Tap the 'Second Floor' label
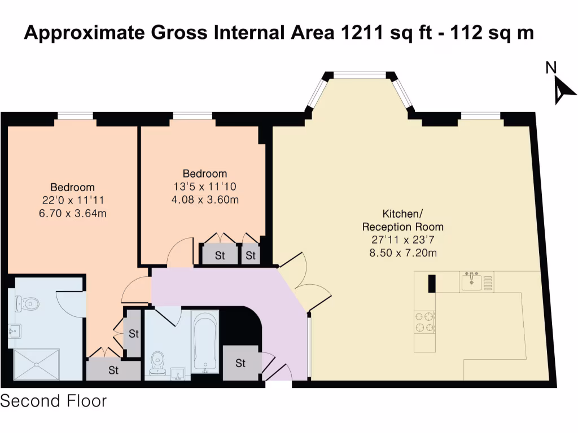54,401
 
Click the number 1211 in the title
362,32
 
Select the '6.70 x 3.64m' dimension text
73,213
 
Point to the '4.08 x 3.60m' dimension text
205,200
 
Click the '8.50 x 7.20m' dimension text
403,253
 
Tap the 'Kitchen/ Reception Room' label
403,220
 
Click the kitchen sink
472,282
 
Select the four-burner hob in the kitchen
424,322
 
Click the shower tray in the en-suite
37,365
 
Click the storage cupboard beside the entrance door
240,363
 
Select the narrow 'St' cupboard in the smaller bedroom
251,254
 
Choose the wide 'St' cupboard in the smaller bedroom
220,254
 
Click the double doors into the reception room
304,281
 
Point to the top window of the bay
360,76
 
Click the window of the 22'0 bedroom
75,116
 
